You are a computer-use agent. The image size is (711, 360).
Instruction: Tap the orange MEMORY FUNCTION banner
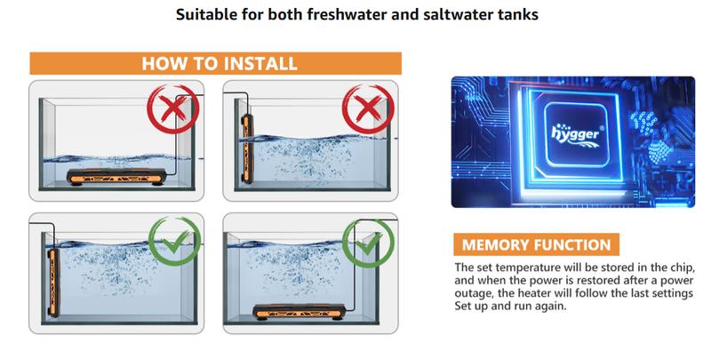[x=535, y=244]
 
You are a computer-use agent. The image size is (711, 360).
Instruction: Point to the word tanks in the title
[x=515, y=15]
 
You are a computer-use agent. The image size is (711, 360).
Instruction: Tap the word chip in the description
[x=669, y=268]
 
